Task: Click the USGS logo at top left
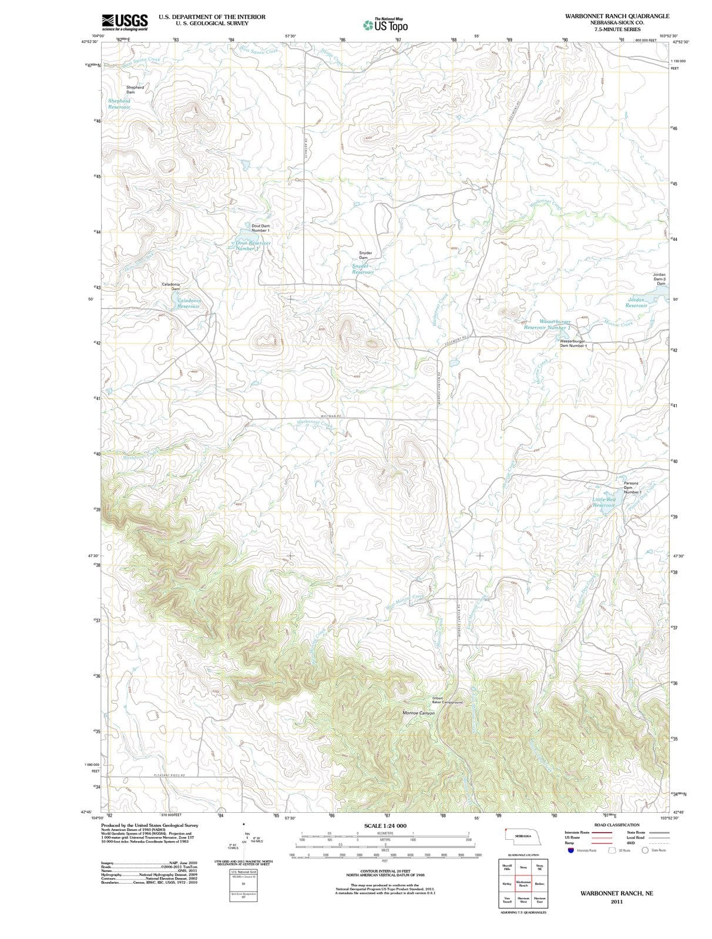click(125, 22)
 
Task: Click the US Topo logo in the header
click(385, 25)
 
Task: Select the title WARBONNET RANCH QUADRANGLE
click(617, 16)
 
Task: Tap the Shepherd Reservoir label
click(119, 104)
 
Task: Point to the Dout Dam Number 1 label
click(260, 228)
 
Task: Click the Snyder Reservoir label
click(363, 269)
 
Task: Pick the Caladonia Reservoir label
click(189, 303)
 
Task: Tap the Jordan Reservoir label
click(637, 302)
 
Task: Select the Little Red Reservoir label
click(604, 502)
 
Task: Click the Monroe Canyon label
click(418, 712)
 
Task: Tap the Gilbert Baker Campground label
click(448, 700)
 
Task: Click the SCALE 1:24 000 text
click(385, 826)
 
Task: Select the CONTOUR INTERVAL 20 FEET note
click(385, 872)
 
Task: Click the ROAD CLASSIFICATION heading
click(616, 825)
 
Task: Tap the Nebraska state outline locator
click(522, 836)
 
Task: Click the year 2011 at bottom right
click(616, 901)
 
